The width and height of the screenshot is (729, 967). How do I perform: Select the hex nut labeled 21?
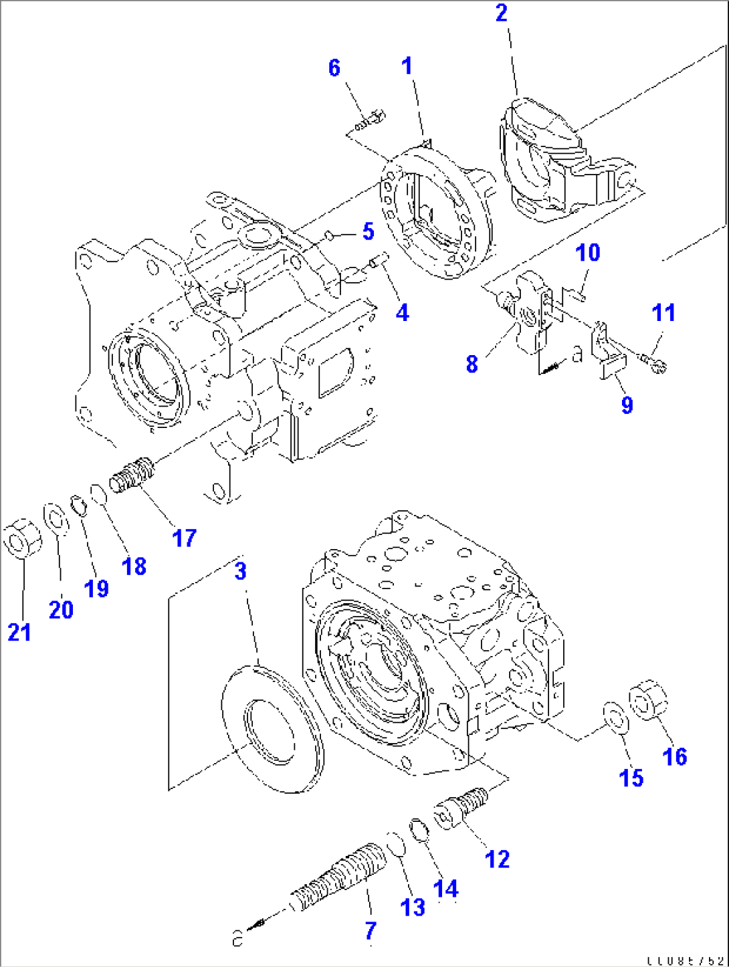[x=22, y=537]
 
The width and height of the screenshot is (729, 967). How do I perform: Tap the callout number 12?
[x=497, y=859]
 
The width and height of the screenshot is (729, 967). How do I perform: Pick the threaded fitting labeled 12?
[x=461, y=807]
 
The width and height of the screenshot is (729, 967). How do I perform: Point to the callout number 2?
[x=502, y=13]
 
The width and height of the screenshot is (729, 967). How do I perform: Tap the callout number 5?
[x=368, y=231]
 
